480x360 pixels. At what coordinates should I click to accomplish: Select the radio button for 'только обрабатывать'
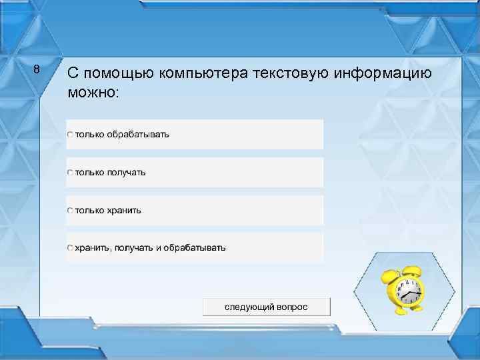point(71,135)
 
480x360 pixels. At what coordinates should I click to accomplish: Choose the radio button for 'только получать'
point(71,173)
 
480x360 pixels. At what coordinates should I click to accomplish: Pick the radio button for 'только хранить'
point(71,211)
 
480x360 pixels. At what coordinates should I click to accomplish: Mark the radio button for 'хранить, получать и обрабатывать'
point(71,248)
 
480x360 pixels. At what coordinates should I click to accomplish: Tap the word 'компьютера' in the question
point(204,73)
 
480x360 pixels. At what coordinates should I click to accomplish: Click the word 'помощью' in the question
point(118,73)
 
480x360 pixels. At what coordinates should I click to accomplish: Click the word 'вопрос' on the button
point(293,307)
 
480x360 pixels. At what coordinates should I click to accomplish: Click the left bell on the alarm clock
point(388,274)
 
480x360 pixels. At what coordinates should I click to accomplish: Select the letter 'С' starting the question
point(73,73)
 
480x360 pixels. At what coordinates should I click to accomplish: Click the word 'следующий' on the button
point(249,307)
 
